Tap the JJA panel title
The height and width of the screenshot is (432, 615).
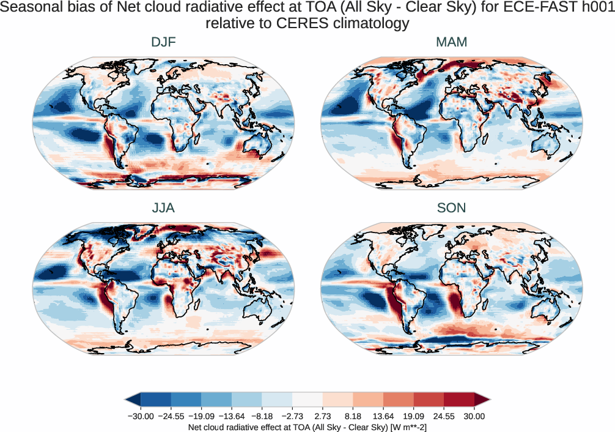point(163,208)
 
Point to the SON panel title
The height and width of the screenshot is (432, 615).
point(451,208)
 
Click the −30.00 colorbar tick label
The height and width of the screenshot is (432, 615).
point(140,416)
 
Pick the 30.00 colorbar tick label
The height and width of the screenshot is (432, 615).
point(474,416)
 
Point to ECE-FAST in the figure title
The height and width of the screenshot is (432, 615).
point(539,9)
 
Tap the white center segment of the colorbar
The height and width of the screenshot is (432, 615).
point(307,401)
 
